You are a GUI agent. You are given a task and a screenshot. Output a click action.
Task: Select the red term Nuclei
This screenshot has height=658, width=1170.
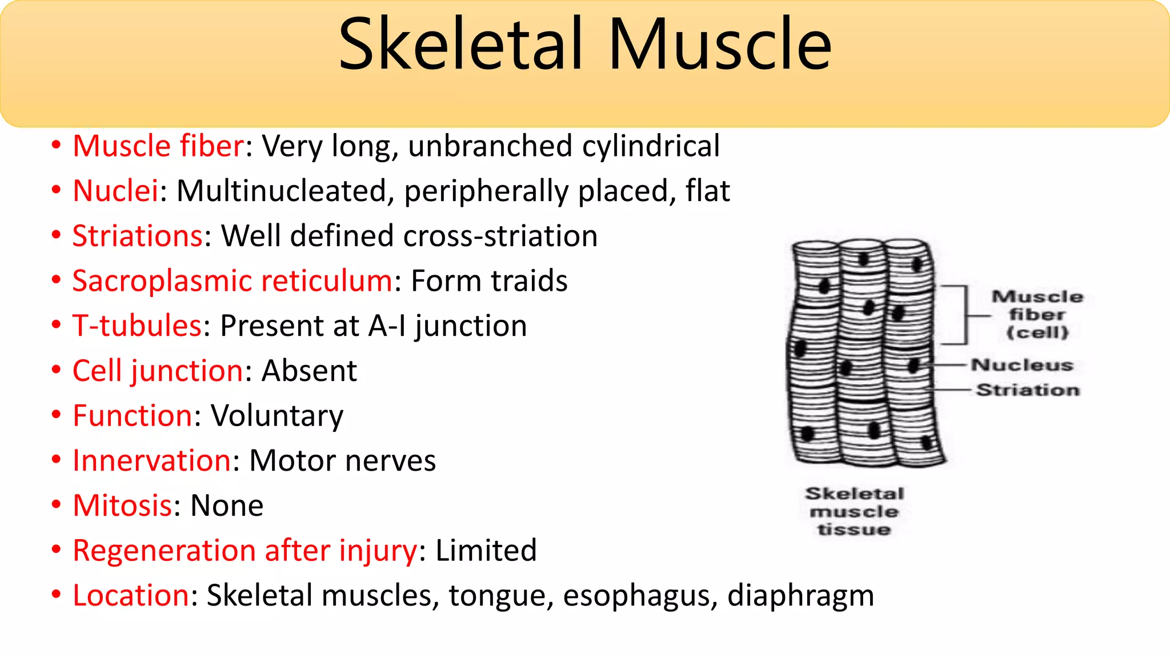pos(115,191)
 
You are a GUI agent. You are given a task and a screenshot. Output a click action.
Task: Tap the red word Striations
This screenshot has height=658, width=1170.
pos(137,236)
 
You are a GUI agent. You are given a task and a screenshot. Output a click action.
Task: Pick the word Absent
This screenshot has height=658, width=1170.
pos(309,371)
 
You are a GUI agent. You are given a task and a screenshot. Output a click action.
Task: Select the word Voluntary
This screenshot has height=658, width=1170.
pos(277,416)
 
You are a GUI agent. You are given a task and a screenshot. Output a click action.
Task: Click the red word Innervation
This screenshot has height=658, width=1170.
pos(152,461)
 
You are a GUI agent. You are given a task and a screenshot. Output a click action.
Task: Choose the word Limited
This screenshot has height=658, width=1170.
pos(486,551)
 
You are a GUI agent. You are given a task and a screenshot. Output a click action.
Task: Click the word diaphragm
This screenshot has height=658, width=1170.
pos(800,596)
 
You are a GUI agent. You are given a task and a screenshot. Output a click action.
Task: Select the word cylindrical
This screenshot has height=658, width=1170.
pos(651,146)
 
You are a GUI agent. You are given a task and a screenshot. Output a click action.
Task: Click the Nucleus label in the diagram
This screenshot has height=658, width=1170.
pos(1022,365)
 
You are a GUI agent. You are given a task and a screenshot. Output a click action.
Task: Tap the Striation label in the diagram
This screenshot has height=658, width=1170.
pos(1028,390)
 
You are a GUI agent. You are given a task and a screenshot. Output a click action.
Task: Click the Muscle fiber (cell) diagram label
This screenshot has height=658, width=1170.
pos(1037,314)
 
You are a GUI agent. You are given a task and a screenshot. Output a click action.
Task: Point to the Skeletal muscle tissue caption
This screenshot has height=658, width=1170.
pos(855,511)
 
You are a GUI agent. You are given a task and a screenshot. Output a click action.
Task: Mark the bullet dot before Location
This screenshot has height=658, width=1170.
pos(56,595)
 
